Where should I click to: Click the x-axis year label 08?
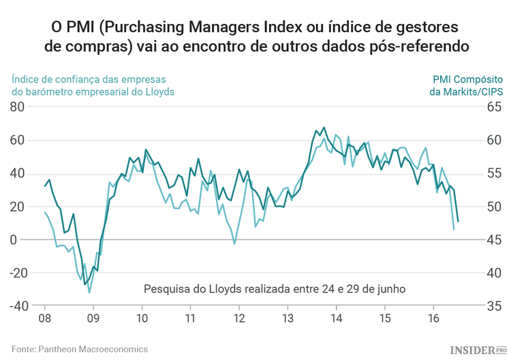pyautogui.click(x=44, y=319)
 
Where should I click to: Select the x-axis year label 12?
pyautogui.click(x=239, y=319)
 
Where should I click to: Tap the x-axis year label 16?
pyautogui.click(x=433, y=319)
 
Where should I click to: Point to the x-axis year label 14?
pyautogui.click(x=337, y=319)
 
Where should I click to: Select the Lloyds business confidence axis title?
pyautogui.click(x=93, y=85)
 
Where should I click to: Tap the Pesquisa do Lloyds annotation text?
pyautogui.click(x=275, y=288)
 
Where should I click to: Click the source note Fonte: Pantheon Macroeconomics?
pyautogui.click(x=80, y=348)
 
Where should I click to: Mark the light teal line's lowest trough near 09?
pyautogui.click(x=89, y=292)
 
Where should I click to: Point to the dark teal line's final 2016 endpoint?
pyautogui.click(x=458, y=221)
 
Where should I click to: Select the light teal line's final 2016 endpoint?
pyautogui.click(x=454, y=229)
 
